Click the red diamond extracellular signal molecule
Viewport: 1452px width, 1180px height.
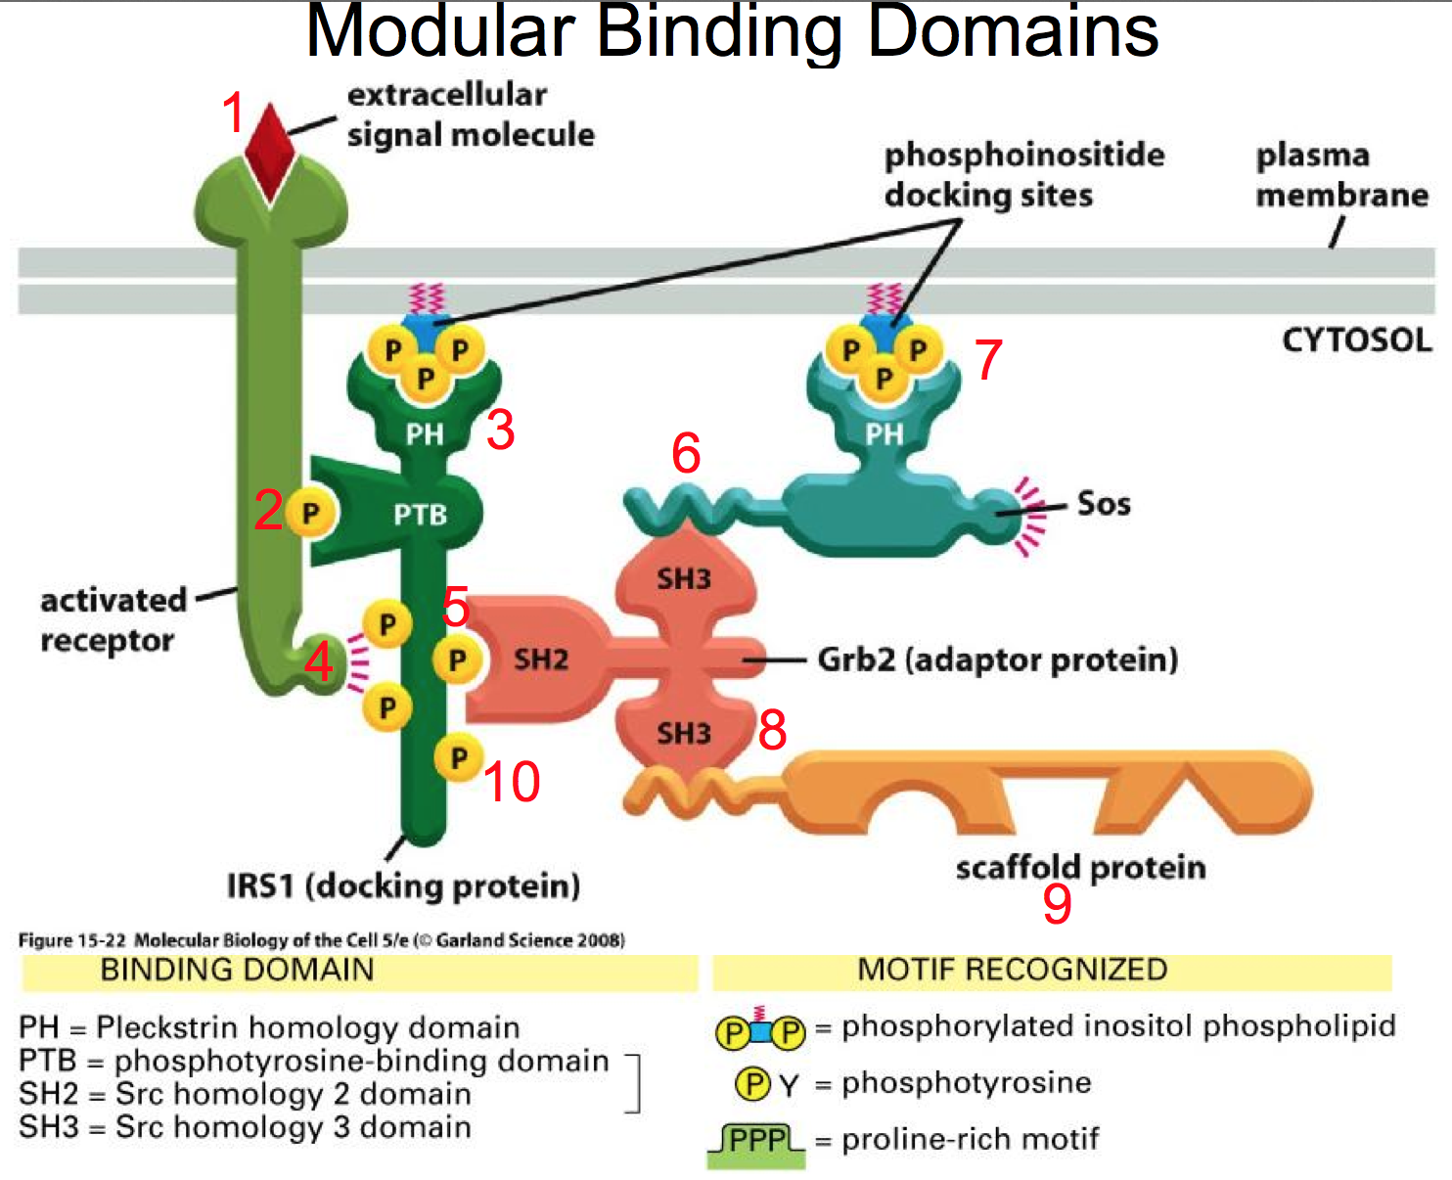tap(269, 152)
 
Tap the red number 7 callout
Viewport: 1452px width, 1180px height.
tap(988, 359)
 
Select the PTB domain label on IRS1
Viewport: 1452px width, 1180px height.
tap(420, 515)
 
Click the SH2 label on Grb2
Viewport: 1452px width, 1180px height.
tap(541, 658)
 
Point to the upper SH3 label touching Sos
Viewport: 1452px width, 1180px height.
tap(684, 578)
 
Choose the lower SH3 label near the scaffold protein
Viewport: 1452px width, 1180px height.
tap(684, 733)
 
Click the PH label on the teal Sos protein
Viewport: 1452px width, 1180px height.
tap(885, 433)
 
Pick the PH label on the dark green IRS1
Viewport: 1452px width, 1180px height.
tap(425, 433)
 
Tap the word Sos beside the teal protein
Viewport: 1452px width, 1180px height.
tap(1104, 504)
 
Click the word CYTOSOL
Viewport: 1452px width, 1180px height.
tap(1356, 340)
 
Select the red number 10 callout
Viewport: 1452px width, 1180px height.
tap(511, 782)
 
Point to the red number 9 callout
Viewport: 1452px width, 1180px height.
tap(1057, 903)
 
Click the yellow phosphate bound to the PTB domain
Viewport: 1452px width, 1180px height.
tap(311, 513)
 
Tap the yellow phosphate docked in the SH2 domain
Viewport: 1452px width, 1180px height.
tap(457, 659)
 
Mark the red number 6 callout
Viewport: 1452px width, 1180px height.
tap(686, 453)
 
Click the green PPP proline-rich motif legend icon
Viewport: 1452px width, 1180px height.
tap(756, 1144)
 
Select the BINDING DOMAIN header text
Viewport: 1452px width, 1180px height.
tap(237, 970)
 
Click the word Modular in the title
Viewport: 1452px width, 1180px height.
tap(440, 31)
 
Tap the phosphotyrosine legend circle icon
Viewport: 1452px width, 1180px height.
tap(752, 1083)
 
